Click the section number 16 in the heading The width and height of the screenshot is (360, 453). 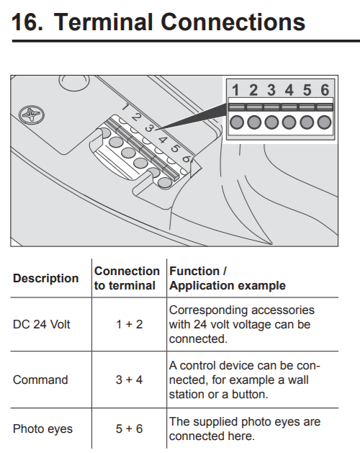click(x=27, y=22)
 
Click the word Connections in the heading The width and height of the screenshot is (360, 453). click(x=233, y=22)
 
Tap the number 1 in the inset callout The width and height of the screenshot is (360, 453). click(x=235, y=90)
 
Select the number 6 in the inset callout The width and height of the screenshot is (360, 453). click(x=325, y=90)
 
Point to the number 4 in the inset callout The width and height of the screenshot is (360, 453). click(x=289, y=90)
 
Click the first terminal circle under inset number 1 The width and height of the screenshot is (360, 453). click(x=237, y=122)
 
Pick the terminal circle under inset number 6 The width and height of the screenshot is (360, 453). click(x=324, y=122)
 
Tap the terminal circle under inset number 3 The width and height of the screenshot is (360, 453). click(x=271, y=122)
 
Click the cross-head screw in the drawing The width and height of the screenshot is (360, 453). click(x=32, y=115)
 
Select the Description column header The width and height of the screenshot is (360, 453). click(x=45, y=278)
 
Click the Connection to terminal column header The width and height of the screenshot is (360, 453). click(x=127, y=278)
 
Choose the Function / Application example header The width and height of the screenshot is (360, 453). click(x=228, y=278)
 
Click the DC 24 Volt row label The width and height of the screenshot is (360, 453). click(x=42, y=324)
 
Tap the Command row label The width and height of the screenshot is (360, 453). click(x=40, y=380)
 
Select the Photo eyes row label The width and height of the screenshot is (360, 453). click(x=42, y=429)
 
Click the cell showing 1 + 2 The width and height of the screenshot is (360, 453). click(x=130, y=324)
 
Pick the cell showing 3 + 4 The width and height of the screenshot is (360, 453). click(x=130, y=380)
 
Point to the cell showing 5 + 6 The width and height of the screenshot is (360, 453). click(x=130, y=429)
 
